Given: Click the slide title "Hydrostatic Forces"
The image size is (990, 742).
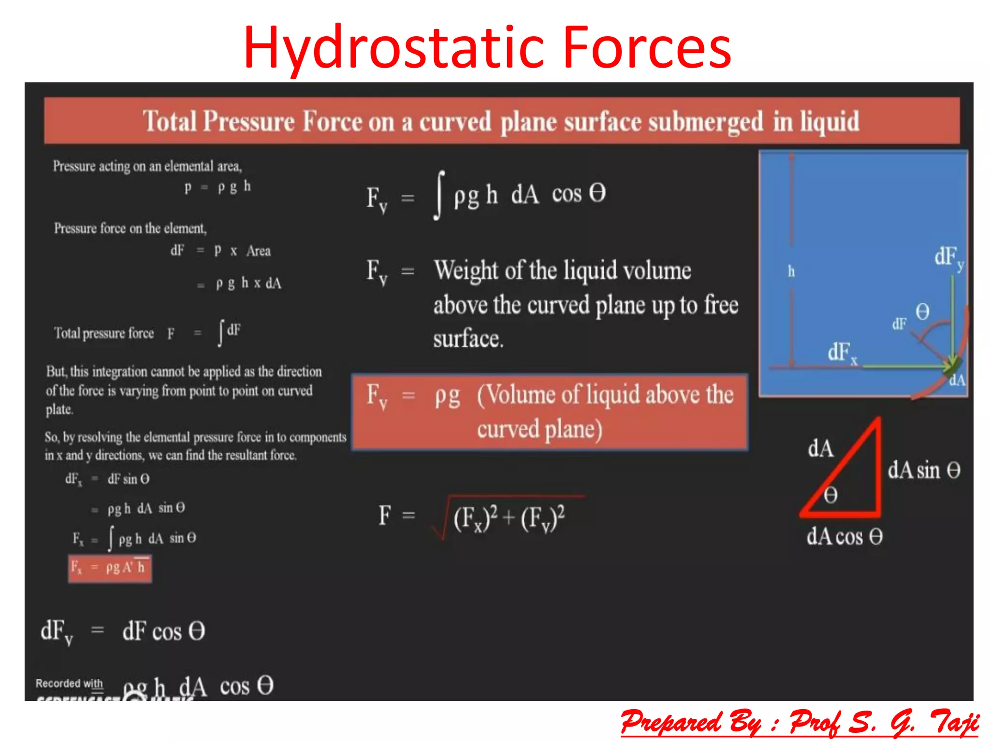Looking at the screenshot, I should point(487,47).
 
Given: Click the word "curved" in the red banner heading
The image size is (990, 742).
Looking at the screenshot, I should point(455,121).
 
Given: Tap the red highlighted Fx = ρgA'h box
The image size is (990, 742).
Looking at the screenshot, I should point(110,569).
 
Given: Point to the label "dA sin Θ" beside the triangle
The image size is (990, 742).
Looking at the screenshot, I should point(924,470).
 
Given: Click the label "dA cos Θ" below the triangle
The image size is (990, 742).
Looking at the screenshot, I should point(844,536).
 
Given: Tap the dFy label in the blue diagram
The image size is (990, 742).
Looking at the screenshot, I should point(948,257).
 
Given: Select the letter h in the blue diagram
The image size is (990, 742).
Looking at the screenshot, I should point(791,271).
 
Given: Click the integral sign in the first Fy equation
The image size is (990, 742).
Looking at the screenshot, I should point(439,195).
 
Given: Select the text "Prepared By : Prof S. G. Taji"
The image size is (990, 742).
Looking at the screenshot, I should point(800,723).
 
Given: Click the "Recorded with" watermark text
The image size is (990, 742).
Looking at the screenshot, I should point(69,684).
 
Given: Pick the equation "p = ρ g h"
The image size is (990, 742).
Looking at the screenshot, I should point(218,187).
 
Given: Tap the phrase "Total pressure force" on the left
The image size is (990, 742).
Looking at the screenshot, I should point(104,333).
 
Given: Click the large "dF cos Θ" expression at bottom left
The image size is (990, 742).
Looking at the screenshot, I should point(163,631).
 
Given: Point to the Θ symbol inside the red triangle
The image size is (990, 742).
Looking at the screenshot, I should point(830,495).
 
